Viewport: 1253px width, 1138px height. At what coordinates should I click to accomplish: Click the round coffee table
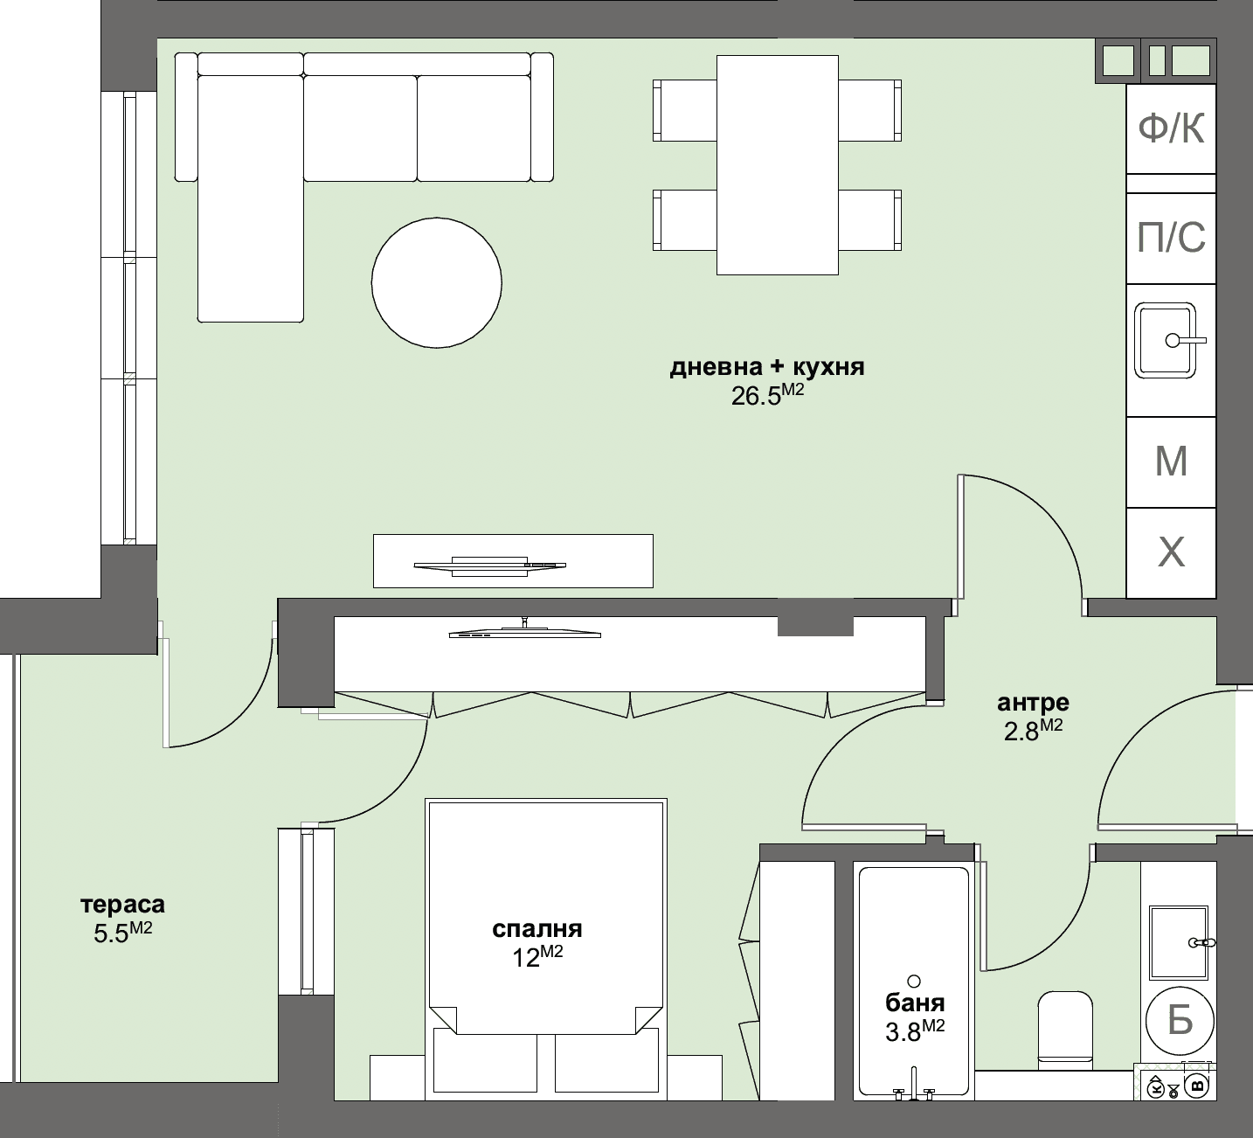point(436,282)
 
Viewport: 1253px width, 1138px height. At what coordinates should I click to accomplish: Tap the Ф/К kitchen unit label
point(1171,129)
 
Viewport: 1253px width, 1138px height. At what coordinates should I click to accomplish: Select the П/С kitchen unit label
point(1171,237)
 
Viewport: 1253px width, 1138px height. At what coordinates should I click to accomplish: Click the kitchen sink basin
point(1166,340)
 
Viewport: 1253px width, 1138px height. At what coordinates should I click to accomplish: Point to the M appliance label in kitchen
point(1171,461)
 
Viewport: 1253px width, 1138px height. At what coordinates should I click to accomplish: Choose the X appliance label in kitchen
point(1171,552)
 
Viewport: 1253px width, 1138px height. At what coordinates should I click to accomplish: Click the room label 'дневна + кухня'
point(767,367)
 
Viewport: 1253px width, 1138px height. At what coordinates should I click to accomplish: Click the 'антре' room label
point(1033,702)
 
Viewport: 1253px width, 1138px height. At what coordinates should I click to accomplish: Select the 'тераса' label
point(122,904)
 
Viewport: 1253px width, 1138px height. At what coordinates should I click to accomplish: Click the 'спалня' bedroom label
point(537,928)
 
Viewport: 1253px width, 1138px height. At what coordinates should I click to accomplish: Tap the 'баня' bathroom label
point(915,1003)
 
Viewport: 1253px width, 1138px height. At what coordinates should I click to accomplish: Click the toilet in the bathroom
point(1064,1027)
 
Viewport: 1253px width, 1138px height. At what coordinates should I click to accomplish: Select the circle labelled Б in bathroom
point(1180,1019)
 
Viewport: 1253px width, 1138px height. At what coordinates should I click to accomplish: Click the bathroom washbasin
point(1178,942)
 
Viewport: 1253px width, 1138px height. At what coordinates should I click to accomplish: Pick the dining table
point(777,164)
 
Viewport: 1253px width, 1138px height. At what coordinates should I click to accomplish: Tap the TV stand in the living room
point(513,560)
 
